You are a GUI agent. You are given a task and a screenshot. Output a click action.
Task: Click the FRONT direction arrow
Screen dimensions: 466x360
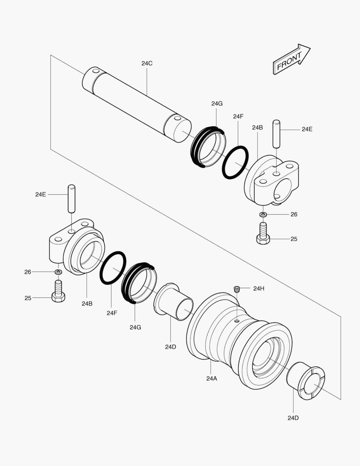(291, 60)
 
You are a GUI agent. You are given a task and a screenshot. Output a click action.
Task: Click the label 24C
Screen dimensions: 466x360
(147, 63)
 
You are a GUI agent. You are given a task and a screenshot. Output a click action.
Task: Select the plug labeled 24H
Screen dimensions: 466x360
(236, 289)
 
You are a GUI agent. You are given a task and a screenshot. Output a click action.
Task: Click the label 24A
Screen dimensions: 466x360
(211, 378)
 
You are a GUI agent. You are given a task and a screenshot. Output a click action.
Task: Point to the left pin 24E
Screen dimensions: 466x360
(72, 198)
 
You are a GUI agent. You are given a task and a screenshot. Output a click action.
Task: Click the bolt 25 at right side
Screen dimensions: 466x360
(263, 233)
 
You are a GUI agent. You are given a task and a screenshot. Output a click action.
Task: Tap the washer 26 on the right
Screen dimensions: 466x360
(263, 214)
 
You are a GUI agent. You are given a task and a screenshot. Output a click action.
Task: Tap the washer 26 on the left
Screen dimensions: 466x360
(58, 272)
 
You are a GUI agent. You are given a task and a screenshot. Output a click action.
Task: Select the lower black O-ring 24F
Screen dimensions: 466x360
(113, 268)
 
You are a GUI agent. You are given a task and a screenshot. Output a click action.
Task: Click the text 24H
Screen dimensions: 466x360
(259, 288)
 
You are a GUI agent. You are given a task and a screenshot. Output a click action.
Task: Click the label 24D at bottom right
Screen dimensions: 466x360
(293, 418)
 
